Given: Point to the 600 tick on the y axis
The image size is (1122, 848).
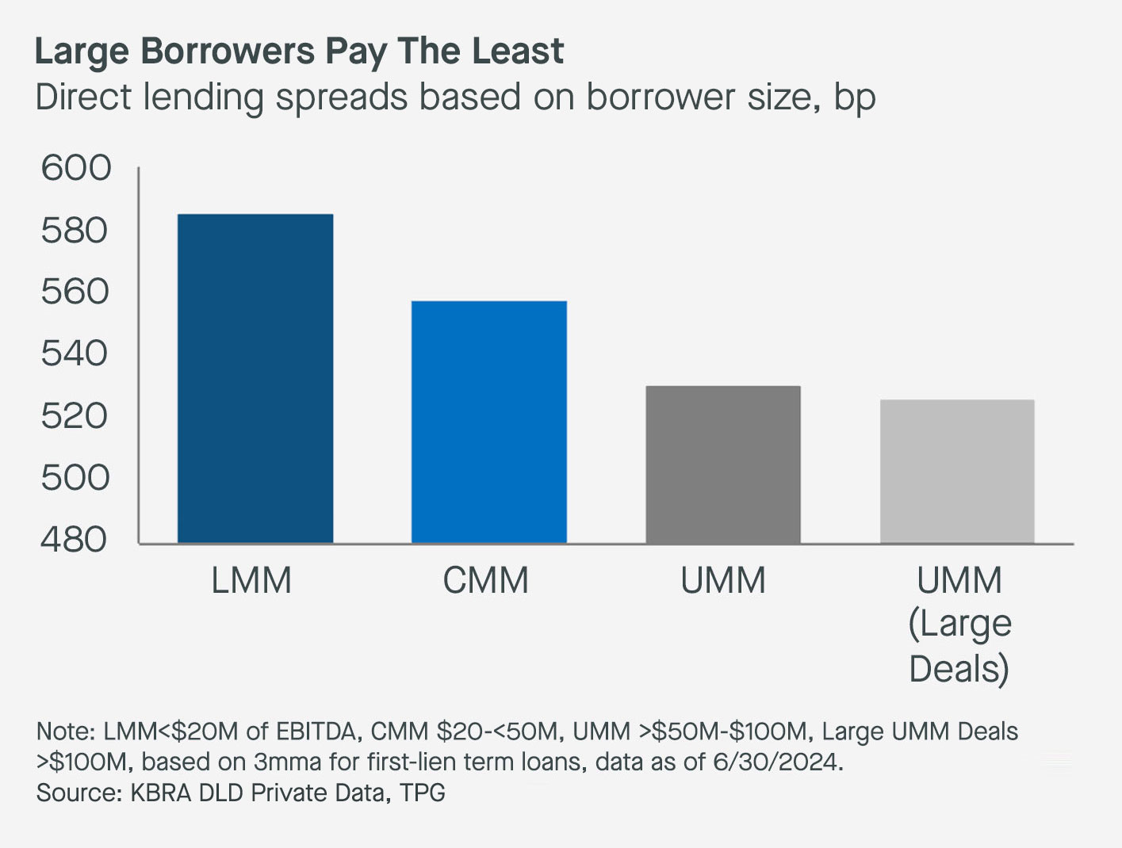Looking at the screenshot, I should tap(76, 168).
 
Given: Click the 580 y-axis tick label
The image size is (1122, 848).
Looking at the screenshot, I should tap(75, 231).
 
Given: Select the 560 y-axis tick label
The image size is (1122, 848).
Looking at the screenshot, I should tap(75, 292).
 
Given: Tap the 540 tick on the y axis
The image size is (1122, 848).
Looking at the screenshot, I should tap(75, 353).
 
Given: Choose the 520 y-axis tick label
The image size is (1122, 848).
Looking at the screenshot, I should tap(75, 415).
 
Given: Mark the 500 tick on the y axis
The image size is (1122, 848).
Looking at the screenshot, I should tap(75, 477).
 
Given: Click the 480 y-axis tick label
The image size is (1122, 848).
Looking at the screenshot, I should tap(75, 539).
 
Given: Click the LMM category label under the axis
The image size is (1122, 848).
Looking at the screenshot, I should tap(251, 581).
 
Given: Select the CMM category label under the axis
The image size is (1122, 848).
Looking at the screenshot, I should tap(485, 581).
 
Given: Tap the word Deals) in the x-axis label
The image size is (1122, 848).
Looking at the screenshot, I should tap(959, 669).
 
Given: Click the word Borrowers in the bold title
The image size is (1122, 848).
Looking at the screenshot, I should tap(228, 52).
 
